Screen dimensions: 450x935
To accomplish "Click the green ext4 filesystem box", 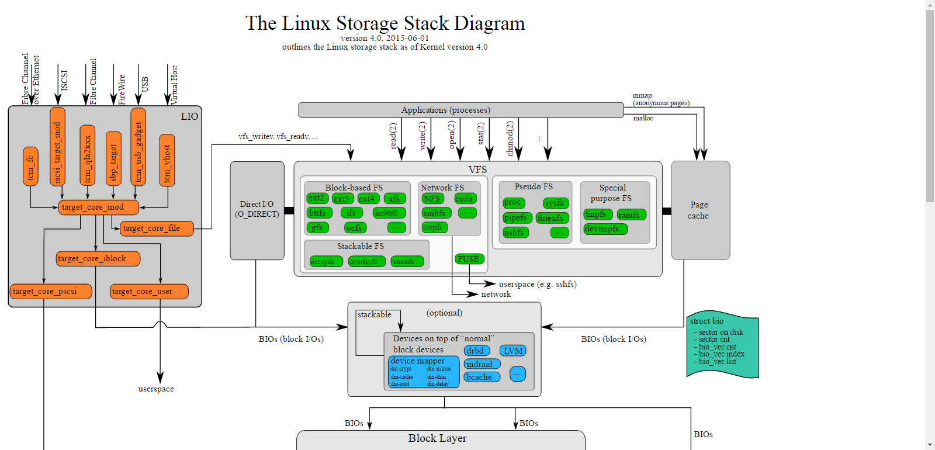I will (367, 199).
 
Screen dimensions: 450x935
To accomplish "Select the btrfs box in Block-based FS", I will (319, 213).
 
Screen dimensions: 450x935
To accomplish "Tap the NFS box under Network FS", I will (432, 199).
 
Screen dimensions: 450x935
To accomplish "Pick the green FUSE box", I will (469, 259).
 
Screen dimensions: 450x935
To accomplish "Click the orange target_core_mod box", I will (99, 207).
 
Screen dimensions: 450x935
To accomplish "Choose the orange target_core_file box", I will (157, 228).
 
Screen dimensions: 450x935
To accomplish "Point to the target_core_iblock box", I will (98, 258).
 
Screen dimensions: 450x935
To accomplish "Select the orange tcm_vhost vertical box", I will (167, 160).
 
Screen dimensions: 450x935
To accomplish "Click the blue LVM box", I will (513, 351).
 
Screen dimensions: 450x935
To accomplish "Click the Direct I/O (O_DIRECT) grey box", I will (257, 210).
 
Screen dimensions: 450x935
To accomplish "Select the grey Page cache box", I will (700, 210).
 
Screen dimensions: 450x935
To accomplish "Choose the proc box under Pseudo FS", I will (514, 203).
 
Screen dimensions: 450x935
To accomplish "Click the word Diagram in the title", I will (490, 23).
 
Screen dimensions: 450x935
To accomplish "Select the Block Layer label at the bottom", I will (437, 438).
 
